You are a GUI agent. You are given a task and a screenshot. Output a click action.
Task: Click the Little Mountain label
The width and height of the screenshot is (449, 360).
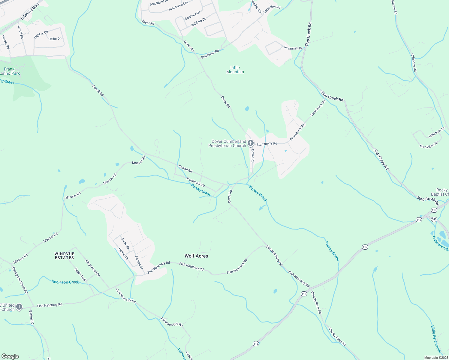(x=235, y=70)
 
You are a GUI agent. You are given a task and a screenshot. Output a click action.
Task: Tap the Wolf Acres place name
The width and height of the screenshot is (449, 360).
(x=196, y=256)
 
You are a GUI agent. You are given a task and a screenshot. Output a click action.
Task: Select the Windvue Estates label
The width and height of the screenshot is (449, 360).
(x=64, y=256)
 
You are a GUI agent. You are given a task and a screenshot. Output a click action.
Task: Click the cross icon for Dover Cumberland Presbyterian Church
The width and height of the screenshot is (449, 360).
(x=251, y=143)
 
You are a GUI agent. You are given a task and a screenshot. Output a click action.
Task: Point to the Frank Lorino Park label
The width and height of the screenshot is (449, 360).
(x=10, y=71)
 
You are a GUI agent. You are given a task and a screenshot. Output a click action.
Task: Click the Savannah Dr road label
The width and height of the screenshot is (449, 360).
(x=293, y=48)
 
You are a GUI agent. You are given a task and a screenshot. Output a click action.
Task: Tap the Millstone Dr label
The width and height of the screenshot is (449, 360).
(x=437, y=132)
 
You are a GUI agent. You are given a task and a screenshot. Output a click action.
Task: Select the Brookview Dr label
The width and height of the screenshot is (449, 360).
(x=429, y=145)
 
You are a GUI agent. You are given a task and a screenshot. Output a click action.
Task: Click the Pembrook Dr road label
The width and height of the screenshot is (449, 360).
(x=196, y=182)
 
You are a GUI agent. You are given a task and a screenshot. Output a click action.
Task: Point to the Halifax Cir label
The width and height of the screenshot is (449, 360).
(x=41, y=34)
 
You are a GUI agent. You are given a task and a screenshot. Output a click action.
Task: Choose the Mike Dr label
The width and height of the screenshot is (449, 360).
(x=55, y=39)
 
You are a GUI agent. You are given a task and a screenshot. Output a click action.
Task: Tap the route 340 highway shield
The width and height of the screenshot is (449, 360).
(x=434, y=219)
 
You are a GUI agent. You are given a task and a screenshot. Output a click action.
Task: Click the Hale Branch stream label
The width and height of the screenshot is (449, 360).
(x=440, y=243)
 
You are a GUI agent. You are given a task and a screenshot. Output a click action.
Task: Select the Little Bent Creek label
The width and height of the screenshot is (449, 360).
(x=436, y=339)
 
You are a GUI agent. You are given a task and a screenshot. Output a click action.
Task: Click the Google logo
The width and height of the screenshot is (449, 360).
(x=10, y=356)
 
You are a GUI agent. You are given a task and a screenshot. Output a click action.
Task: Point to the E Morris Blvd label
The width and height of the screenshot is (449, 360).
(x=30, y=12)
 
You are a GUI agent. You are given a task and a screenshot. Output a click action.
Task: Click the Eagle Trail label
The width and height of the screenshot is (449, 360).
(x=80, y=274)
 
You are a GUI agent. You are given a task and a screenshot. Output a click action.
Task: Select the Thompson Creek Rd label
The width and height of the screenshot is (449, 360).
(x=20, y=280)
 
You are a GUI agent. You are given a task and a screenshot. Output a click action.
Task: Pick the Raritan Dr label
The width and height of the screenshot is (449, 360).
(x=139, y=262)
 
